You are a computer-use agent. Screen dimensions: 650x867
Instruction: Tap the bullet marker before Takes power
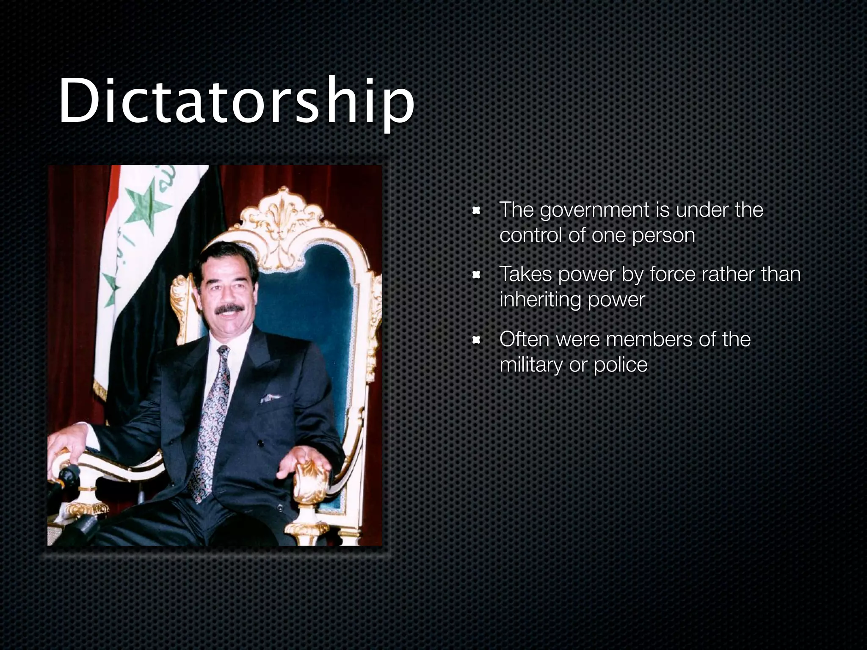(477, 275)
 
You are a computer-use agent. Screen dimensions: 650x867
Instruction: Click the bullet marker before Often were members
(477, 340)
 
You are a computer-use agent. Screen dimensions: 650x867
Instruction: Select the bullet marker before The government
(477, 210)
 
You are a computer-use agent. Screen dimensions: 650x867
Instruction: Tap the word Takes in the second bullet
(525, 274)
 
